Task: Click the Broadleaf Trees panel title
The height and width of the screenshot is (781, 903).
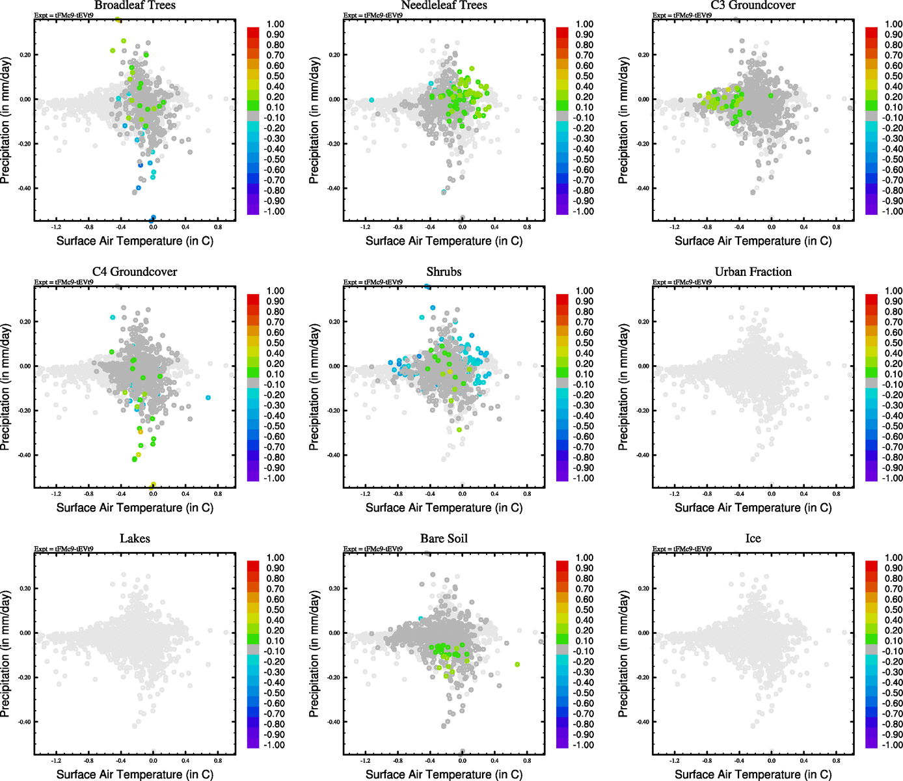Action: click(135, 6)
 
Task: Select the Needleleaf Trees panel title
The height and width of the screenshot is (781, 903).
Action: click(444, 6)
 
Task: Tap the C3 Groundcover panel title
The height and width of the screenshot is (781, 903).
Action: click(753, 6)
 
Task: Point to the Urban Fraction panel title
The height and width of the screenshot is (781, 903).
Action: click(753, 272)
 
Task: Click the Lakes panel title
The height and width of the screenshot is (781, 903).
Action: click(135, 539)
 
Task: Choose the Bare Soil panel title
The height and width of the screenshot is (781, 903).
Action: click(444, 539)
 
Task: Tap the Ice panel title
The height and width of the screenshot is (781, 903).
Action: click(753, 539)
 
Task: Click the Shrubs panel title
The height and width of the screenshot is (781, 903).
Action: click(444, 272)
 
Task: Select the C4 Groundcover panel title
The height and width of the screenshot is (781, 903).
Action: click(135, 272)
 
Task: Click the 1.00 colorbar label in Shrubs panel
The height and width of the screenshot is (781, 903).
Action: click(584, 291)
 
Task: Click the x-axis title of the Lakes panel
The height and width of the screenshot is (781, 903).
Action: click(135, 774)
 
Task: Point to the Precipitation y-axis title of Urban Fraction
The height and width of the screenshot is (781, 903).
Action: click(623, 387)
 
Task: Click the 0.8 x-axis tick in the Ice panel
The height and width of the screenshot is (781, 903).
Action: click(836, 761)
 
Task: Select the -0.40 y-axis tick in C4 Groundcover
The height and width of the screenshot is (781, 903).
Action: click(24, 455)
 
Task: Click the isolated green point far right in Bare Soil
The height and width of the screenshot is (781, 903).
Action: click(517, 665)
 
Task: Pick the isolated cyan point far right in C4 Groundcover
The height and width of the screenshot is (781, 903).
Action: click(208, 398)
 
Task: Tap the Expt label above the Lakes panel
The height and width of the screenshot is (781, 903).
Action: click(64, 549)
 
